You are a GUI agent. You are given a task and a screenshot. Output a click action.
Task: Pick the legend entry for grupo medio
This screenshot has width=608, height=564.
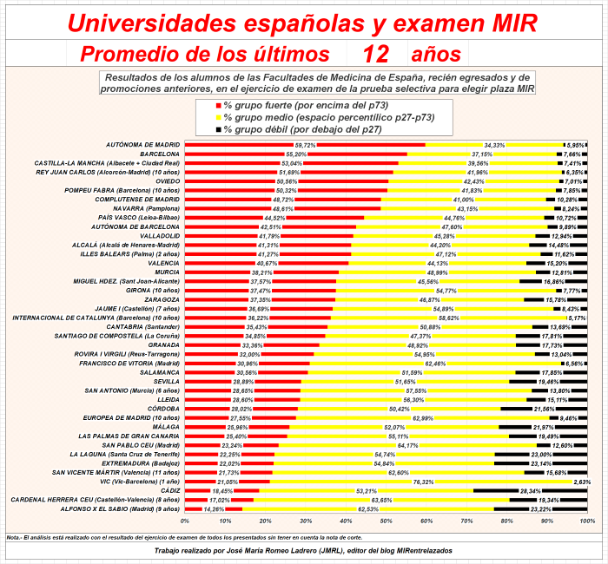327,117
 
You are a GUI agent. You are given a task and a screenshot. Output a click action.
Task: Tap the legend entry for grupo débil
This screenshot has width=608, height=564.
299,129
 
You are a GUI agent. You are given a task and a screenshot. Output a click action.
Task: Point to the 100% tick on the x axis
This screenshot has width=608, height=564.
587,521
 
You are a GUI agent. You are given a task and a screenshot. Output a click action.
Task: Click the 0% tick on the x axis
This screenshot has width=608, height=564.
185,521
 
